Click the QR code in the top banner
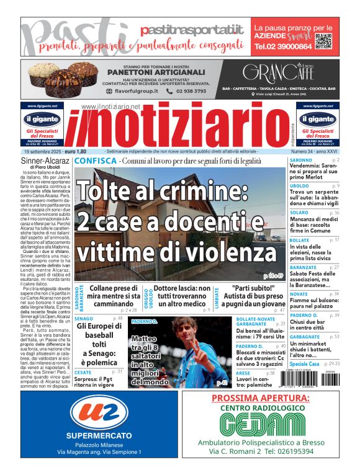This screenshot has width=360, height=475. pos(323,41)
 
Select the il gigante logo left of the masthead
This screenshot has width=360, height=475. pos(43,118)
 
